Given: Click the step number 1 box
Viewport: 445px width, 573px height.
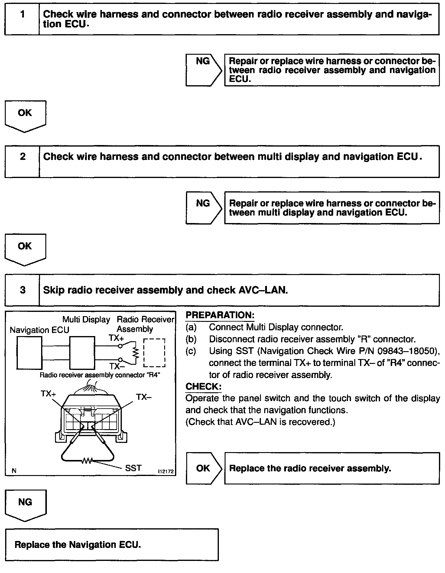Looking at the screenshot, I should coord(22,19).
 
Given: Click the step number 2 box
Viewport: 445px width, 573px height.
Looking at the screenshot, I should coord(22,161).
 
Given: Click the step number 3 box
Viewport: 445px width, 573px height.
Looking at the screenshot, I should coord(22,290).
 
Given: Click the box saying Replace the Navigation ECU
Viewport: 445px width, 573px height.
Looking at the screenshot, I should coord(112,545).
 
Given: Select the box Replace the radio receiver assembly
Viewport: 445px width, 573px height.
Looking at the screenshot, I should coord(332,468).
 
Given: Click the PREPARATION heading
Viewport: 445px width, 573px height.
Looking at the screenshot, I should coord(220,315).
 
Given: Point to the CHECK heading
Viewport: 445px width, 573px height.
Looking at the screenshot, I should coord(203,387).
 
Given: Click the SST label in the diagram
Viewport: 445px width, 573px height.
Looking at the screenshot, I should coord(133,468).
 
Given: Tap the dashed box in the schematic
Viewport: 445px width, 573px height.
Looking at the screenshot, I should coord(154,353).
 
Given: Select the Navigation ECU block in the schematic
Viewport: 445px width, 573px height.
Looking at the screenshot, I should coord(29,353).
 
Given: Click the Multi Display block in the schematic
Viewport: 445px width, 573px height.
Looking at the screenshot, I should coord(82,353).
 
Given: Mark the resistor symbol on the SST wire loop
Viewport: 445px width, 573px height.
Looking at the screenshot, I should coord(87,461).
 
